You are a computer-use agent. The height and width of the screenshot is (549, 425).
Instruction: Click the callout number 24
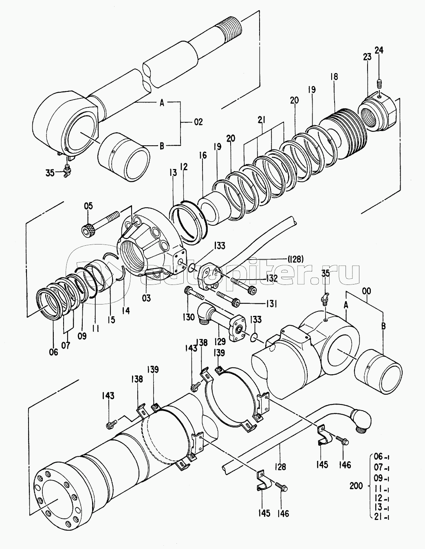point(379,50)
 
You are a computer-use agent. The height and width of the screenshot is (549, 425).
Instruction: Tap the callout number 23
point(367,57)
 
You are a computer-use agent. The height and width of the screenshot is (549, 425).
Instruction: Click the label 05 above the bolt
point(88,206)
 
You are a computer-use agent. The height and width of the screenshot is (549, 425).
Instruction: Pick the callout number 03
point(146,298)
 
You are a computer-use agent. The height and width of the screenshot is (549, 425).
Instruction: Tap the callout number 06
point(53,352)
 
